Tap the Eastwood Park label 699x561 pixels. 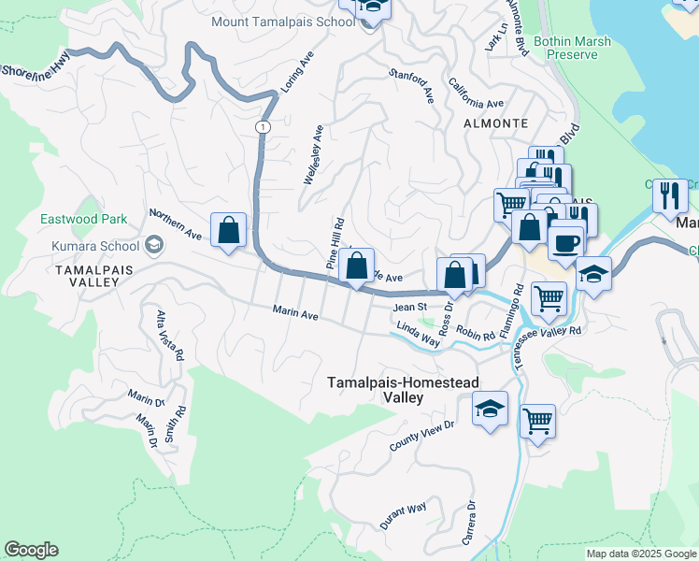[83, 220]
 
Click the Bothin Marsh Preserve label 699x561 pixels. [565, 48]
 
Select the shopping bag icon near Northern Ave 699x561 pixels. [228, 230]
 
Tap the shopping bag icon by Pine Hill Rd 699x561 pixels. [357, 266]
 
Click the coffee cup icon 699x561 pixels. [566, 243]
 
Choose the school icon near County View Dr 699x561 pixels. [490, 410]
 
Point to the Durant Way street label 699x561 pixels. [404, 516]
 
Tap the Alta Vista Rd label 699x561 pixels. [168, 334]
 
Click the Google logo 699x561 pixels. [31, 550]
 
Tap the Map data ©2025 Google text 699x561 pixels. [640, 554]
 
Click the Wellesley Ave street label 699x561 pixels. [313, 155]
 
